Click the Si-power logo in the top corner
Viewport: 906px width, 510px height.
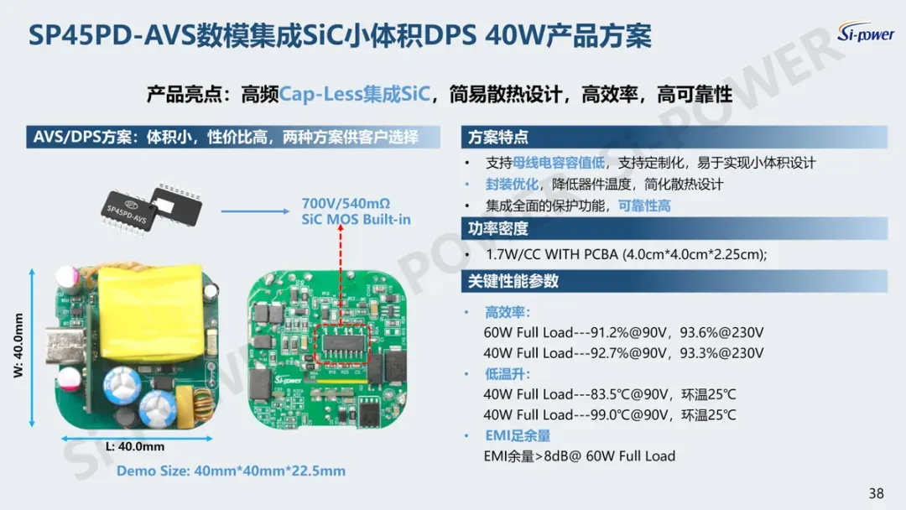pyautogui.click(x=866, y=33)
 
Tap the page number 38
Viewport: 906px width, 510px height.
pyautogui.click(x=876, y=493)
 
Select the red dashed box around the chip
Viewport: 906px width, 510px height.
pyautogui.click(x=342, y=345)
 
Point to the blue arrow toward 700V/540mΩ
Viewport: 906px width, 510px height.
pyautogui.click(x=255, y=211)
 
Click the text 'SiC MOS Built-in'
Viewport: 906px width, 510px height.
pyautogui.click(x=356, y=220)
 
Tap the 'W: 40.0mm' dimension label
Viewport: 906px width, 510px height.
pyautogui.click(x=18, y=346)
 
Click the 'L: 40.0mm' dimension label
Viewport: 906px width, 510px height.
pyautogui.click(x=135, y=446)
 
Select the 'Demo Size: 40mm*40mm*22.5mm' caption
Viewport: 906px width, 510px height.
pyautogui.click(x=232, y=471)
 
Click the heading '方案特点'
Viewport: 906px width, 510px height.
pyautogui.click(x=498, y=138)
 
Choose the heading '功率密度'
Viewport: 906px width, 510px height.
pyautogui.click(x=498, y=229)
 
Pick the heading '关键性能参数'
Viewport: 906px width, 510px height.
pyautogui.click(x=513, y=281)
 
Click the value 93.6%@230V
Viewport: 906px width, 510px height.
pyautogui.click(x=721, y=333)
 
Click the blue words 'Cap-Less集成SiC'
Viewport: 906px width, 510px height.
pyautogui.click(x=355, y=94)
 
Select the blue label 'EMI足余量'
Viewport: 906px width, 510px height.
pyautogui.click(x=517, y=435)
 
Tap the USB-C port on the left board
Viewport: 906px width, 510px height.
pyautogui.click(x=65, y=345)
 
